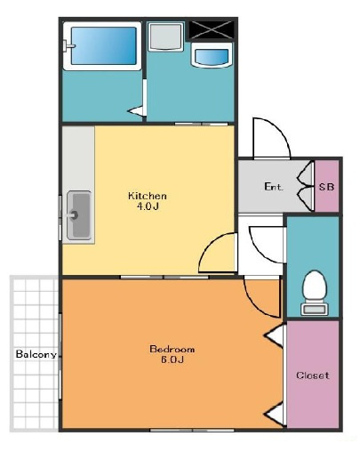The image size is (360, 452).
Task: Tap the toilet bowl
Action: click(315, 285)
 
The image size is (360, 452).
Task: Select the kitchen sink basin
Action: click(79, 215)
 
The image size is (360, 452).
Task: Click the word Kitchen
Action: click(148, 196)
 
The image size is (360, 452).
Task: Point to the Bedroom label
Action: click(172, 349)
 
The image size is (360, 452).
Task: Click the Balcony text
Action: click(36, 354)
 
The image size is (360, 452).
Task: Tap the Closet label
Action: click(312, 375)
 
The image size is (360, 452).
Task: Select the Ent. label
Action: click(274, 187)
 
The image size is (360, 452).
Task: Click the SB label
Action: click(326, 187)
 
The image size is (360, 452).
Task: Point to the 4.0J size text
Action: click(148, 206)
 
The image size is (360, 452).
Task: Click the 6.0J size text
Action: click(172, 359)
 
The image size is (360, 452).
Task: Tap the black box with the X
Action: click(211, 30)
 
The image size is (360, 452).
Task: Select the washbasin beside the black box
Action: click(212, 55)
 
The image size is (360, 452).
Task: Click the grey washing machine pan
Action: click(165, 36)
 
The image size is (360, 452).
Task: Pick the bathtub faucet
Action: click(69, 46)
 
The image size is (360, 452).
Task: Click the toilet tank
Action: click(315, 309)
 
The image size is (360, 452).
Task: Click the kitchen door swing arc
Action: click(210, 245)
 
